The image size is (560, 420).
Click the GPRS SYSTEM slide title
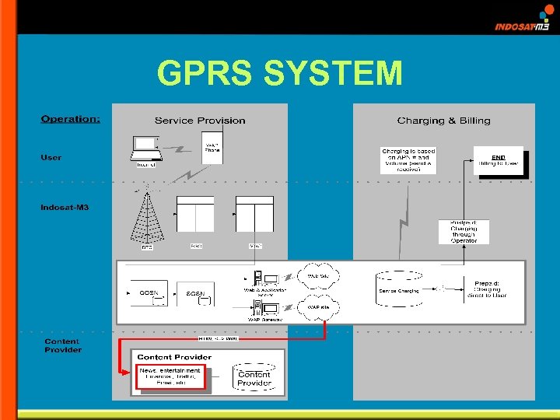(280, 74)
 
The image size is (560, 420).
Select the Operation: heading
(70, 119)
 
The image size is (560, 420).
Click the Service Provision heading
(200, 121)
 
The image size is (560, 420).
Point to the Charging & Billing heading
(443, 121)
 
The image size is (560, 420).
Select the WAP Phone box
(212, 147)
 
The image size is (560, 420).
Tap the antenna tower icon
(147, 219)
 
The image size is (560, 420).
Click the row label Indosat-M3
(65, 208)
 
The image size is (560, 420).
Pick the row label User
(51, 158)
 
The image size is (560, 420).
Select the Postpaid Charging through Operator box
(469, 231)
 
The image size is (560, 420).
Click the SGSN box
(195, 293)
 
